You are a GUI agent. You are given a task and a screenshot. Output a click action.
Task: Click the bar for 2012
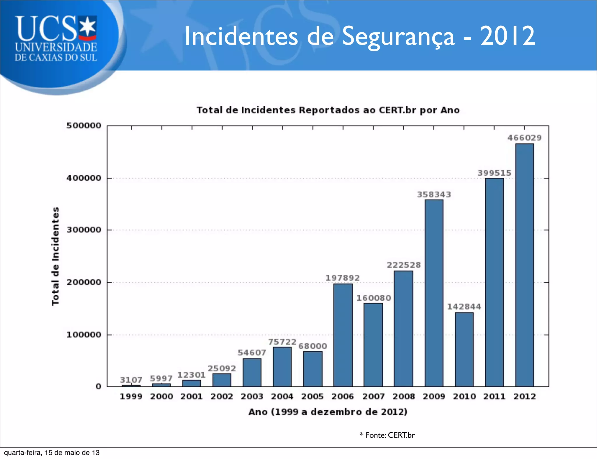[x=524, y=265]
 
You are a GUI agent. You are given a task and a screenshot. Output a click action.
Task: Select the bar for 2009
[x=434, y=293]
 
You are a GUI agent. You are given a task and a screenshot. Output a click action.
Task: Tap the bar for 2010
[x=464, y=349]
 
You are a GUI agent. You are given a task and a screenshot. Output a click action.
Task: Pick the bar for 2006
[x=343, y=335]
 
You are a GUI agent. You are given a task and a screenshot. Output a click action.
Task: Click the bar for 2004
[x=282, y=367]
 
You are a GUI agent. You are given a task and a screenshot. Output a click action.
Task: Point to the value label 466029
[x=524, y=138]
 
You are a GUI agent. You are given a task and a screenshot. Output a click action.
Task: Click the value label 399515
[x=494, y=173]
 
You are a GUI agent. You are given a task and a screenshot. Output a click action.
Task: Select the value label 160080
[x=374, y=298]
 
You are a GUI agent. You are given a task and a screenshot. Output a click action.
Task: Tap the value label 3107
[x=131, y=380]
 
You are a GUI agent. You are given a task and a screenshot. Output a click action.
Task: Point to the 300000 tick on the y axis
[x=84, y=230]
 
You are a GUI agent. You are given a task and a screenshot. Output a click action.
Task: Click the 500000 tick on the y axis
[x=84, y=126]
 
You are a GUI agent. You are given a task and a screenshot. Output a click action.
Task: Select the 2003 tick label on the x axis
[x=252, y=396]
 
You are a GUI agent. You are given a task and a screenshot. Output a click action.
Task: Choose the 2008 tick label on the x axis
[x=403, y=396]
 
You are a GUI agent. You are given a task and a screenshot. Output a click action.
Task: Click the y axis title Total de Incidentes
[x=55, y=256]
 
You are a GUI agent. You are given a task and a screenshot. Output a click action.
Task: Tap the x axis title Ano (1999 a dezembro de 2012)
[x=328, y=412]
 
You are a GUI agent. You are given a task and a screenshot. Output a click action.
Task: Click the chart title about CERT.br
[x=328, y=110]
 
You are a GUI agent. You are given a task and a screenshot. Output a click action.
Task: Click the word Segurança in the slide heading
[x=398, y=36]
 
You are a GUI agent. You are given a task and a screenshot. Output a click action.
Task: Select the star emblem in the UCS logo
[x=88, y=27]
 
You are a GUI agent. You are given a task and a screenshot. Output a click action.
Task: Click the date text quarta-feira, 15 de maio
[x=52, y=453]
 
